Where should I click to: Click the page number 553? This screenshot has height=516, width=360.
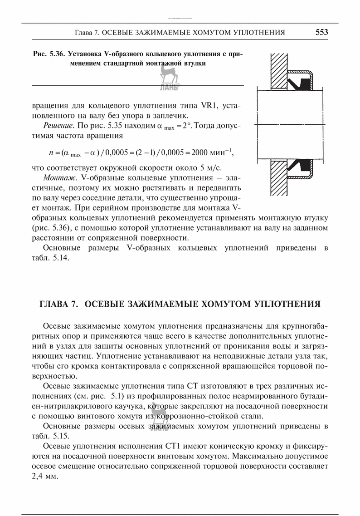[321, 32]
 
